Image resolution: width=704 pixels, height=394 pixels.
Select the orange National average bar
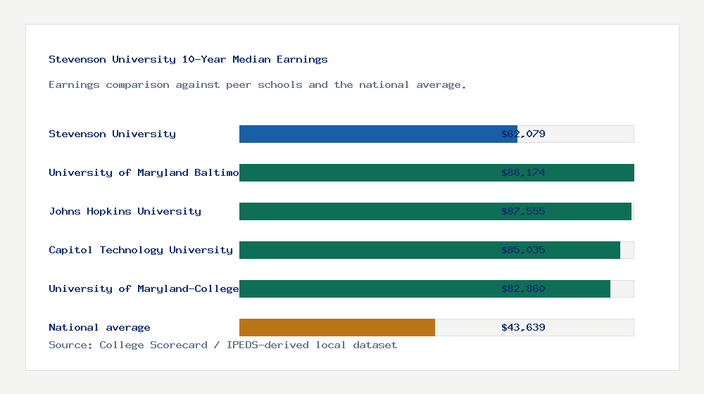pos(337,327)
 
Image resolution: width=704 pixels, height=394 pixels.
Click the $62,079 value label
pos(523,134)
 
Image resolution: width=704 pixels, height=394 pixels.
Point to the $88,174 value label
pos(523,172)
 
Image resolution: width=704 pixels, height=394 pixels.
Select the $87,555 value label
pos(523,211)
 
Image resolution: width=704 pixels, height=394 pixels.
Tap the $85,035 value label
pos(523,250)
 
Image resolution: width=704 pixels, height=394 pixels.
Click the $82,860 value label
pos(523,288)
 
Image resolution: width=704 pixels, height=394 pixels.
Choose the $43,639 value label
pos(523,327)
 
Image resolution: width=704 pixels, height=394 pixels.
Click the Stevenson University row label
pos(112,134)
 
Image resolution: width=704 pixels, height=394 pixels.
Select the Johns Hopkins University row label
pos(125,211)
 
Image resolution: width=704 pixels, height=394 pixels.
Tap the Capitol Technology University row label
pos(141,250)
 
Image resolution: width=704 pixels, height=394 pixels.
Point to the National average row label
pos(99,327)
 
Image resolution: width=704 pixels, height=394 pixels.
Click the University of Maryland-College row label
pos(144,288)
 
